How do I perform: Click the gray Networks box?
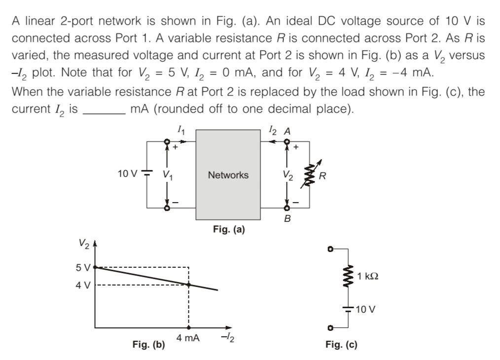(228, 175)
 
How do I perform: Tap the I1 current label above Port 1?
(181, 131)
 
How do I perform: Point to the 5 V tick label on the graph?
(82, 267)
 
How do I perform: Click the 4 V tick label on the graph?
(82, 285)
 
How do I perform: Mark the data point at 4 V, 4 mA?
(188, 285)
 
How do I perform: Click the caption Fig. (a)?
(228, 229)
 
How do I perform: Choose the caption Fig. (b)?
(148, 345)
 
